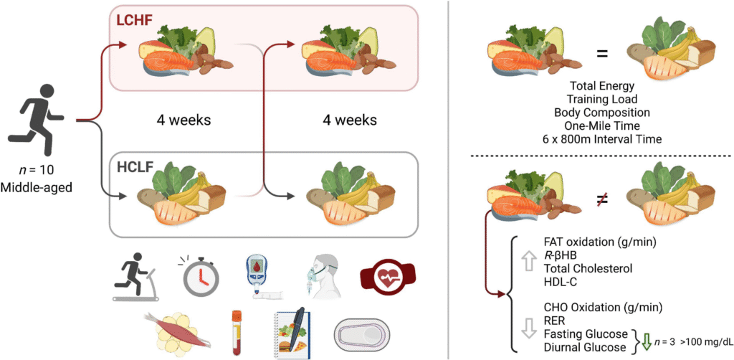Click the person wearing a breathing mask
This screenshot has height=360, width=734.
tap(320, 275)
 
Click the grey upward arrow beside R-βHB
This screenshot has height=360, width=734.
tap(525, 263)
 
